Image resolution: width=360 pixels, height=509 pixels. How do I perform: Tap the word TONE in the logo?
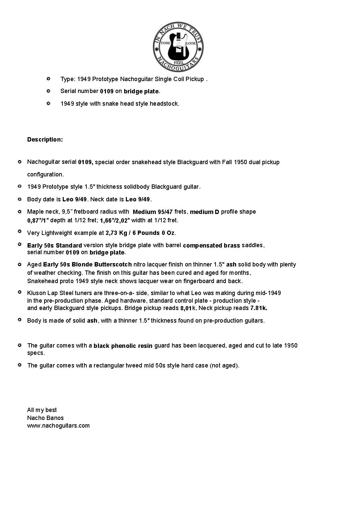[x=165, y=44]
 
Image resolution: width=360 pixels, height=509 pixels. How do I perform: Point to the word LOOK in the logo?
[x=191, y=44]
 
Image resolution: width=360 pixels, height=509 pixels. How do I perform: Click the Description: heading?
[x=45, y=140]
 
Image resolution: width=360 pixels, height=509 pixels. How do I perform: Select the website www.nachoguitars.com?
[x=58, y=426]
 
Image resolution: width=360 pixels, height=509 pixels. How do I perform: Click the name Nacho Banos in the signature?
[x=45, y=418]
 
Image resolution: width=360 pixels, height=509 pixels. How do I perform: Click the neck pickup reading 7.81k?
[x=259, y=308]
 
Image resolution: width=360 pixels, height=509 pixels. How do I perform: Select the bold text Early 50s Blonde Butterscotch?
[x=87, y=264]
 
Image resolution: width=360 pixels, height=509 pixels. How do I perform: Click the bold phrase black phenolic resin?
[x=123, y=346]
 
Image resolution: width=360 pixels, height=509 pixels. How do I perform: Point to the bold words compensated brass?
[x=211, y=246]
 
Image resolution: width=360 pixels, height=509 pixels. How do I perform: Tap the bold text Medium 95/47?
[x=153, y=212]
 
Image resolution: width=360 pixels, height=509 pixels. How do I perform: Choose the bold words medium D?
[x=205, y=212]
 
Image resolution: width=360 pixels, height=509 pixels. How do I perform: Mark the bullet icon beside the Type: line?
[x=48, y=79]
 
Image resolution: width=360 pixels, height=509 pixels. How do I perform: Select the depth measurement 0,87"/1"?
[x=38, y=220]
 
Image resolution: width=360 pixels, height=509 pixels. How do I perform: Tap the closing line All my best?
[x=42, y=410]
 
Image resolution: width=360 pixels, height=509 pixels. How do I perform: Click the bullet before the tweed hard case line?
[x=20, y=365]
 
